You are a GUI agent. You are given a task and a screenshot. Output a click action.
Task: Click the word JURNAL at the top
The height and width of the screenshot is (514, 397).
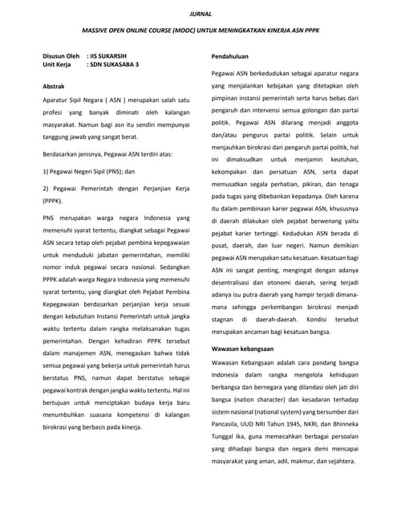click(x=198, y=14)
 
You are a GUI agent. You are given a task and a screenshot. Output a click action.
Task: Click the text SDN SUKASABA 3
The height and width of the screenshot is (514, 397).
click(x=115, y=65)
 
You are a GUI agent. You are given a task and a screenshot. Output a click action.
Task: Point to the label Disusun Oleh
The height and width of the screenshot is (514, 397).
click(x=61, y=57)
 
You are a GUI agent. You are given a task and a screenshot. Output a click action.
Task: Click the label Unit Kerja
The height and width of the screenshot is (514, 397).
click(x=57, y=65)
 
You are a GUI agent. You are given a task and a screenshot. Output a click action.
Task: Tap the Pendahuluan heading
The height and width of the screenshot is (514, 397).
click(x=230, y=58)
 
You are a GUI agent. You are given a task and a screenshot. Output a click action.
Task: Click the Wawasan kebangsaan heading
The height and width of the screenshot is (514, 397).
click(x=242, y=349)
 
